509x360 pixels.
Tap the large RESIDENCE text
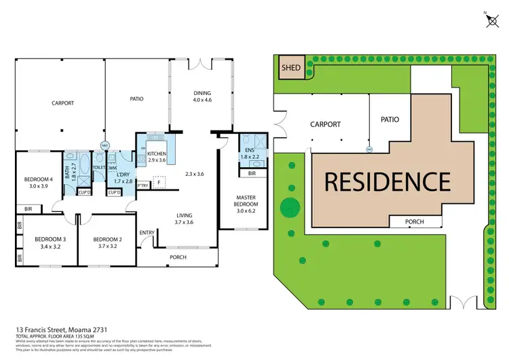386,181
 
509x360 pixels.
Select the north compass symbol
491,20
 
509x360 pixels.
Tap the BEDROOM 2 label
107,239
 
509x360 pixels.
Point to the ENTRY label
147,233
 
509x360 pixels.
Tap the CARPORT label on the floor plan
62,103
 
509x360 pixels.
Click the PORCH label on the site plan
414,221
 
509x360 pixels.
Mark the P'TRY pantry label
143,185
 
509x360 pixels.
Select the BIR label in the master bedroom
252,174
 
